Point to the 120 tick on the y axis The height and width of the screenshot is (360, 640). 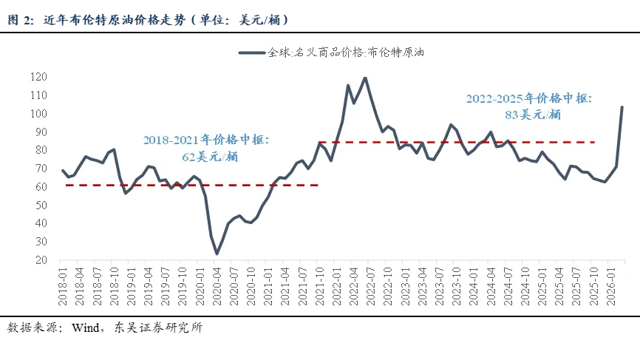[38, 77]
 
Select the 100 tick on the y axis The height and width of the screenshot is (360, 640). [38, 114]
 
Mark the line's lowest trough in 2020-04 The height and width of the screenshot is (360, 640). [217, 254]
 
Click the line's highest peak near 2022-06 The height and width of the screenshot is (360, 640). [365, 78]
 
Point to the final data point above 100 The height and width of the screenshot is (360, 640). [622, 106]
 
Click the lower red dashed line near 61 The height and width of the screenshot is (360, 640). [148, 185]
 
